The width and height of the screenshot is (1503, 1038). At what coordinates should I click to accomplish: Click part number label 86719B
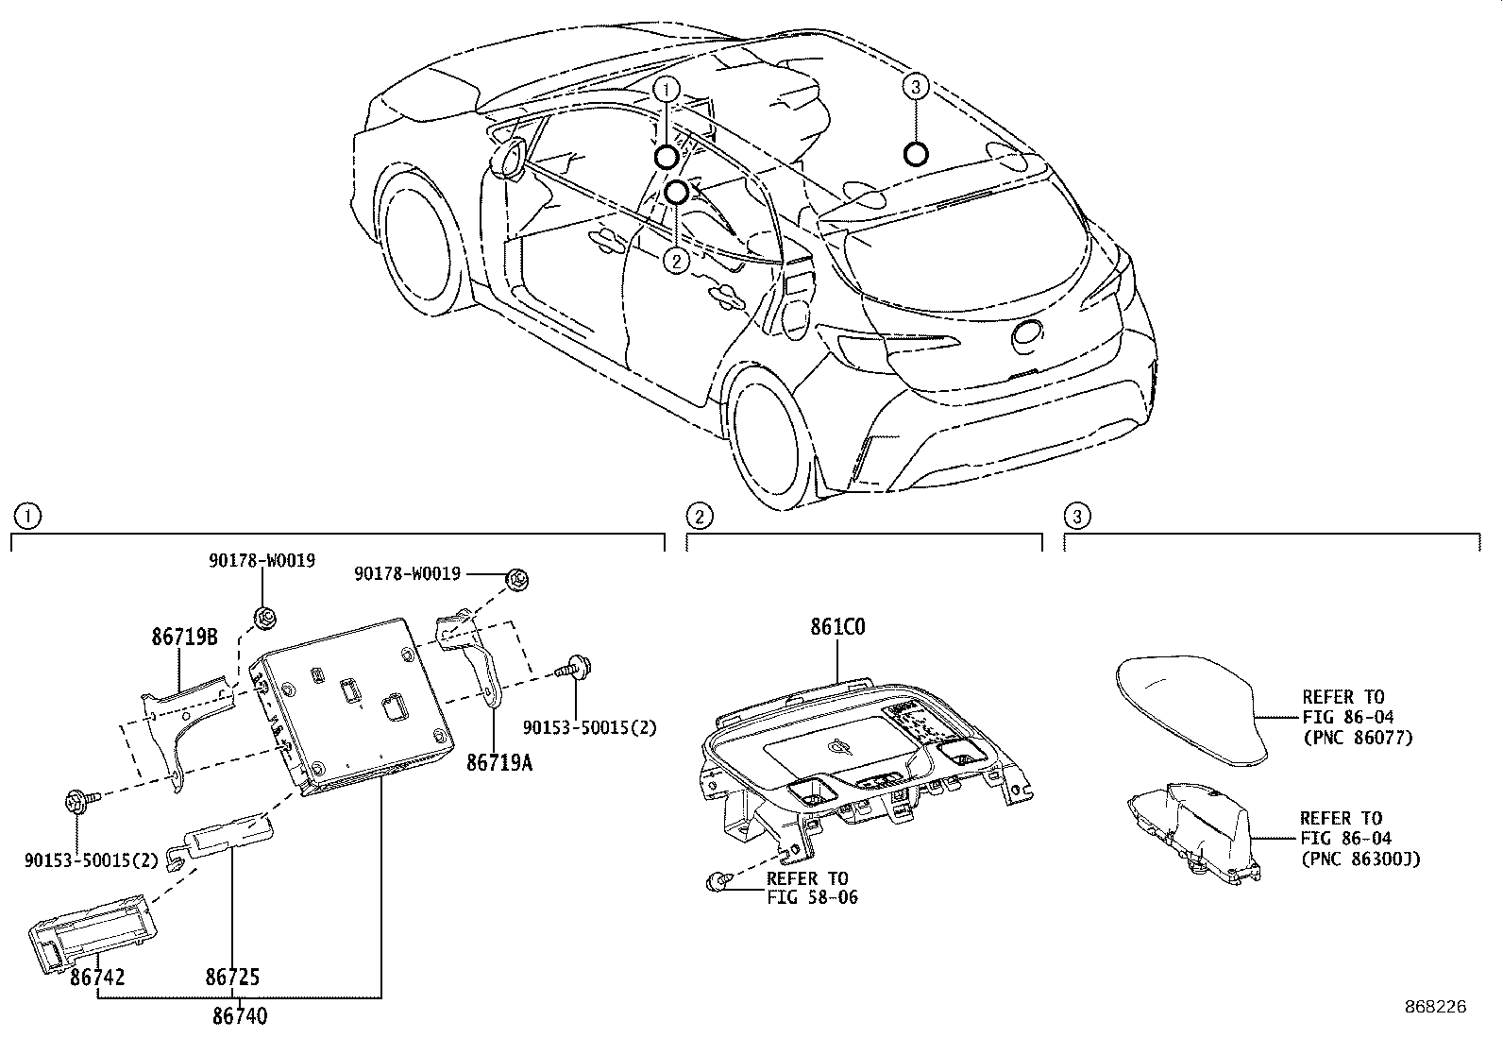[x=184, y=638]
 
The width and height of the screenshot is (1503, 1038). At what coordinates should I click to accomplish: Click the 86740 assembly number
[x=239, y=1016]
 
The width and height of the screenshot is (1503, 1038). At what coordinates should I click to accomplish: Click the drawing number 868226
[x=1435, y=1007]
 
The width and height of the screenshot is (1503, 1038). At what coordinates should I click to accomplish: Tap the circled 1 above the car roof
[x=667, y=90]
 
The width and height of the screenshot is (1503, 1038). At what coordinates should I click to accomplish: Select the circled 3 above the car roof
[x=915, y=87]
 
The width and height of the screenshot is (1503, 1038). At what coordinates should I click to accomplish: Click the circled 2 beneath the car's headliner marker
[x=676, y=260]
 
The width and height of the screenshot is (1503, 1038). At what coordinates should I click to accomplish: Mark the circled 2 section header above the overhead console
[x=700, y=516]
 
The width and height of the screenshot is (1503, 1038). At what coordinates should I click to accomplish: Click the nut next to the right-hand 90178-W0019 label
[x=516, y=579]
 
